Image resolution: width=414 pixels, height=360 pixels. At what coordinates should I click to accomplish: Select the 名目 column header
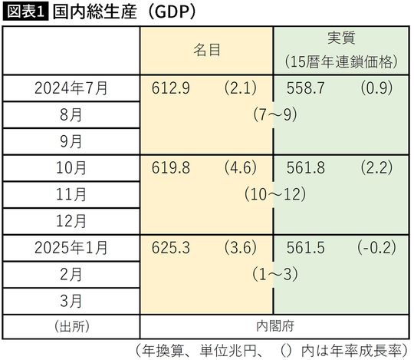(206, 50)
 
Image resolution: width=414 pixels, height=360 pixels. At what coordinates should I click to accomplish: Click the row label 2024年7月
(71, 88)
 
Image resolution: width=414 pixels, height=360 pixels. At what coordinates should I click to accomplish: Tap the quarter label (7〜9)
(272, 114)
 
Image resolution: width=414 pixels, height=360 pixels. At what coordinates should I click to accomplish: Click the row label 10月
(71, 167)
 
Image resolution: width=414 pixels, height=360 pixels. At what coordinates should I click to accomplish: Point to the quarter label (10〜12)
(272, 194)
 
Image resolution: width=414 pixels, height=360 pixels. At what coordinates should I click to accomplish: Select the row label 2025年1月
(71, 247)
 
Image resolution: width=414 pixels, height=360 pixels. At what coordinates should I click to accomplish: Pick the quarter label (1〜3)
(272, 274)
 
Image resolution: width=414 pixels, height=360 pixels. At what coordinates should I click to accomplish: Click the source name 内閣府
(272, 326)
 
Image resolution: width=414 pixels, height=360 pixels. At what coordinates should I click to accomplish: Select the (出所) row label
(71, 326)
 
